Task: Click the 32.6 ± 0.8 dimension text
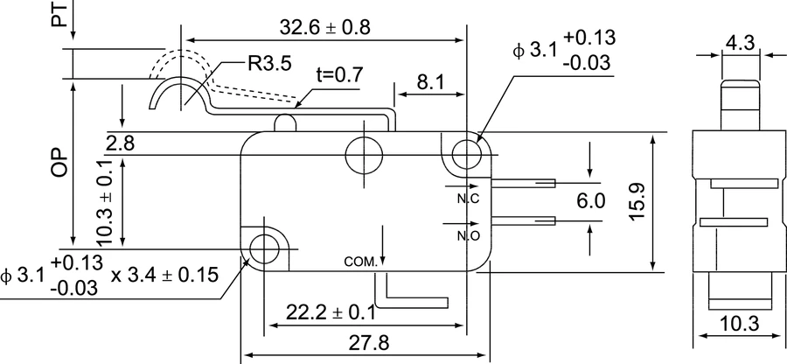324,27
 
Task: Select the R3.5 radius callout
269,63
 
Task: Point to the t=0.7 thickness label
339,74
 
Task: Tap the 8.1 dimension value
430,82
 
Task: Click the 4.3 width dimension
741,43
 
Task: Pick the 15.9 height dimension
637,201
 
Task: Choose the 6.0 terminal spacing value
591,201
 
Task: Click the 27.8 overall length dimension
368,344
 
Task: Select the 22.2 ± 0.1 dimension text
331,312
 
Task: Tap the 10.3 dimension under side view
740,325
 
